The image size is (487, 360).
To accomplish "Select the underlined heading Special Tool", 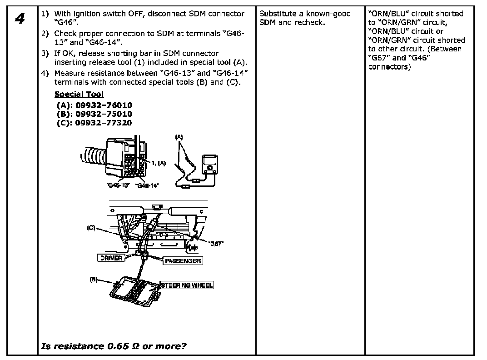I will click(x=79, y=94).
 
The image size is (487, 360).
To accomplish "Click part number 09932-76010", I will click(x=104, y=105).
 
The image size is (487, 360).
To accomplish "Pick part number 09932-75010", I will click(x=104, y=114).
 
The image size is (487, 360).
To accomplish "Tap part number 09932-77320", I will click(x=104, y=123).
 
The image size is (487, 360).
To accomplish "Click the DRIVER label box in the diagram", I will click(x=111, y=258).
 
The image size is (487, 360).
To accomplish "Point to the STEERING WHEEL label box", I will click(x=187, y=285).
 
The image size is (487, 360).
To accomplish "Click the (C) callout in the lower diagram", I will click(x=91, y=228).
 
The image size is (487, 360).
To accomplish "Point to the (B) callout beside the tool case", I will click(x=94, y=280).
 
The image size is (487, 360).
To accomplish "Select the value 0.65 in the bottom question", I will click(x=117, y=346).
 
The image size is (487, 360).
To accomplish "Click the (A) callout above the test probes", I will click(x=180, y=136).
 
